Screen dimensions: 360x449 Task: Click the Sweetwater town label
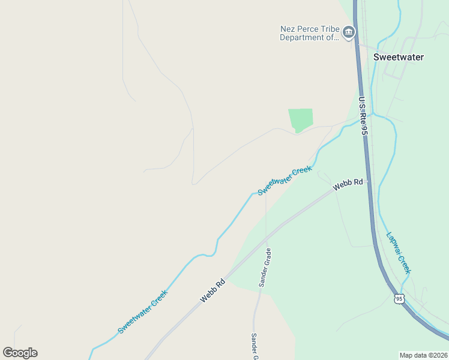398,57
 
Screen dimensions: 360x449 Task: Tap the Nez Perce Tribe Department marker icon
349,32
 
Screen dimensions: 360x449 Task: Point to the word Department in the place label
304,37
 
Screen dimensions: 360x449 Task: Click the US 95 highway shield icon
399,298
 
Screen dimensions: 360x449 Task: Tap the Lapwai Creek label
399,253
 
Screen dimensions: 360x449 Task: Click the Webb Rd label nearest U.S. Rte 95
348,184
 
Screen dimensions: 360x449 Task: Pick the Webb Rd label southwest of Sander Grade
212,290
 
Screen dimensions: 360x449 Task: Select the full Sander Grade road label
265,267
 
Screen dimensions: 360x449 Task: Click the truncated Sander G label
255,346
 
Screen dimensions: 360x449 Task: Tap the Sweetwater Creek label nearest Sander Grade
285,180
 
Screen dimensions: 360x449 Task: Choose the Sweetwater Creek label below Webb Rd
143,312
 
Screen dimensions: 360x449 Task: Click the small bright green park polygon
300,119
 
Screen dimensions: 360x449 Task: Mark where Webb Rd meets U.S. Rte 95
367,179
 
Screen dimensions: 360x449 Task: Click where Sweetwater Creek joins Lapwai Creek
373,113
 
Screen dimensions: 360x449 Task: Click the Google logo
20,353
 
